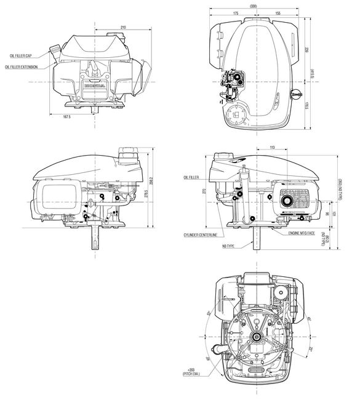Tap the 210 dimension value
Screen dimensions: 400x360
[124, 28]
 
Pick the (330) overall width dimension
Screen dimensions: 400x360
[254, 6]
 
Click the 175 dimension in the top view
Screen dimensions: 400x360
[236, 12]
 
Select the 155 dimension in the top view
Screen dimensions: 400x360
[278, 12]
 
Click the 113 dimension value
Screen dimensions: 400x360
[272, 147]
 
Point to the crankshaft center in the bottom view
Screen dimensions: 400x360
[255, 336]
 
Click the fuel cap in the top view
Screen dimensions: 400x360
[295, 94]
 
